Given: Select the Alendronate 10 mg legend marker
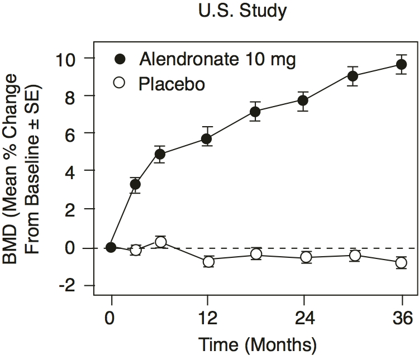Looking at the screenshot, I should pyautogui.click(x=119, y=58).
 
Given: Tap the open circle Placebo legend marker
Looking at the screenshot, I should pyautogui.click(x=119, y=84).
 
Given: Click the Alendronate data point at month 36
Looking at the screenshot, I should pyautogui.click(x=401, y=65).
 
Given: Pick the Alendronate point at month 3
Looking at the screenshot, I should pyautogui.click(x=135, y=184).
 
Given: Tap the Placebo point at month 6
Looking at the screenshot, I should pyautogui.click(x=160, y=242).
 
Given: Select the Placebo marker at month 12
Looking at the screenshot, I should pyautogui.click(x=208, y=261).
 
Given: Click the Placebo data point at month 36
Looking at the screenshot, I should pyautogui.click(x=401, y=262).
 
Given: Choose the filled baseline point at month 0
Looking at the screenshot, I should pyautogui.click(x=111, y=247).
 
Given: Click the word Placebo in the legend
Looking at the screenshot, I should pyautogui.click(x=173, y=84).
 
